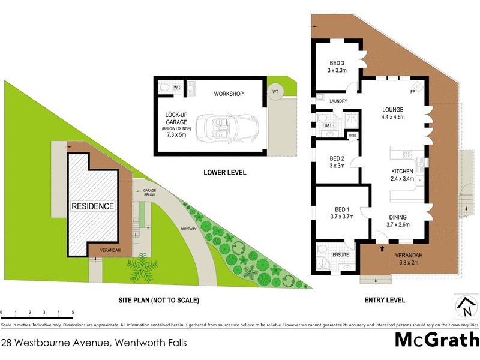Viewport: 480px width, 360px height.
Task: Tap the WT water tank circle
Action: click(x=275, y=91)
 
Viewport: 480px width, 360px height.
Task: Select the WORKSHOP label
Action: click(x=229, y=94)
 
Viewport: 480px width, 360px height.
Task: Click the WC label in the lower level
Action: click(x=177, y=88)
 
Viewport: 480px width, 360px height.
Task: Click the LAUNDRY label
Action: click(x=338, y=101)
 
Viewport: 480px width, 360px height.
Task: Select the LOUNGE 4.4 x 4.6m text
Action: click(x=394, y=113)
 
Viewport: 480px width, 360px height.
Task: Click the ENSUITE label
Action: click(x=340, y=255)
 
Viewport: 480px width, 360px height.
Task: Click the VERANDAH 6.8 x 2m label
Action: click(x=413, y=257)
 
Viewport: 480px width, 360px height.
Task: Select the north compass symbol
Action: click(x=466, y=306)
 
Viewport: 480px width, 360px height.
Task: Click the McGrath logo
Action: click(x=436, y=340)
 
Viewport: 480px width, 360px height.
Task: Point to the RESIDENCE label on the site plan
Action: click(x=93, y=206)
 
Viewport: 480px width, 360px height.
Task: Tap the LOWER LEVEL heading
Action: click(x=226, y=172)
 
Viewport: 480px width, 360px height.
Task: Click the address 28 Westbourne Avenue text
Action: click(x=94, y=343)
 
